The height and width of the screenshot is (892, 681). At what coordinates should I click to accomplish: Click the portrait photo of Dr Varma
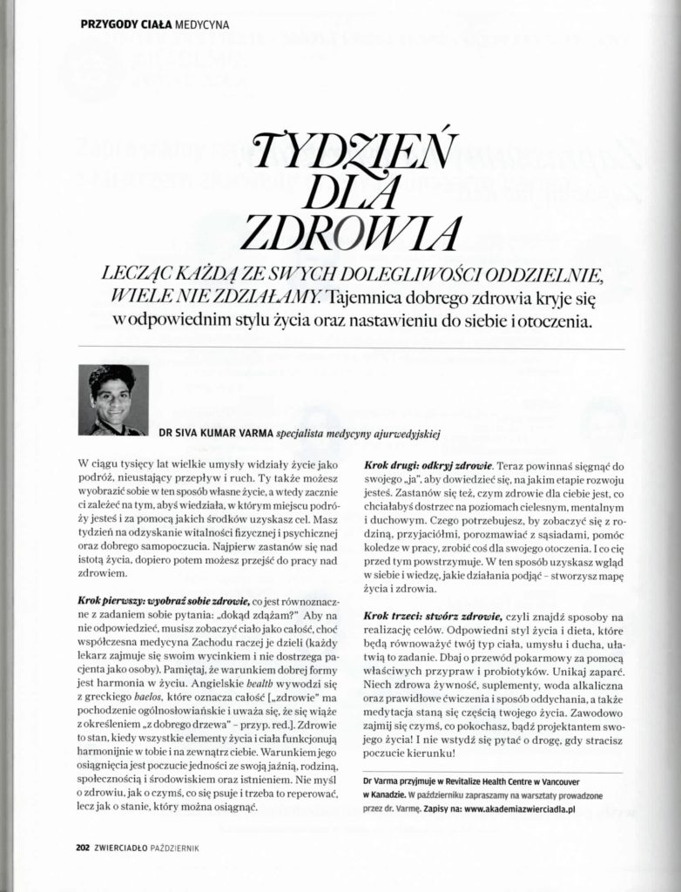[113, 400]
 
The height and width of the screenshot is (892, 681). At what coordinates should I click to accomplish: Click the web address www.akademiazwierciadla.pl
[509, 809]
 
